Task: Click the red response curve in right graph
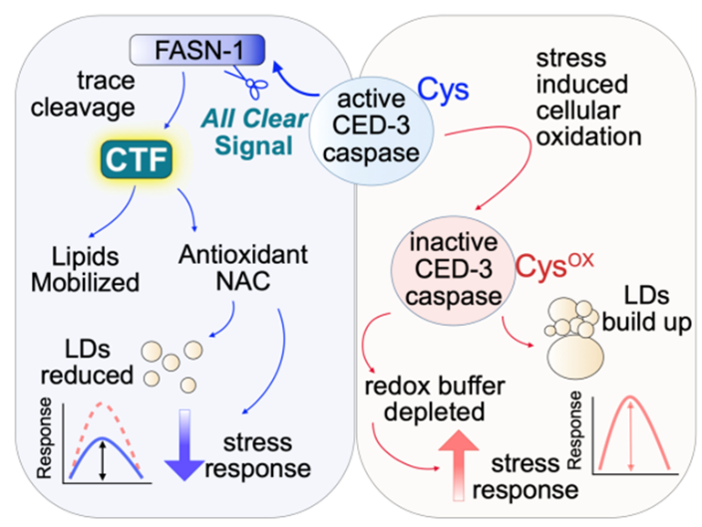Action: click(x=628, y=428)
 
